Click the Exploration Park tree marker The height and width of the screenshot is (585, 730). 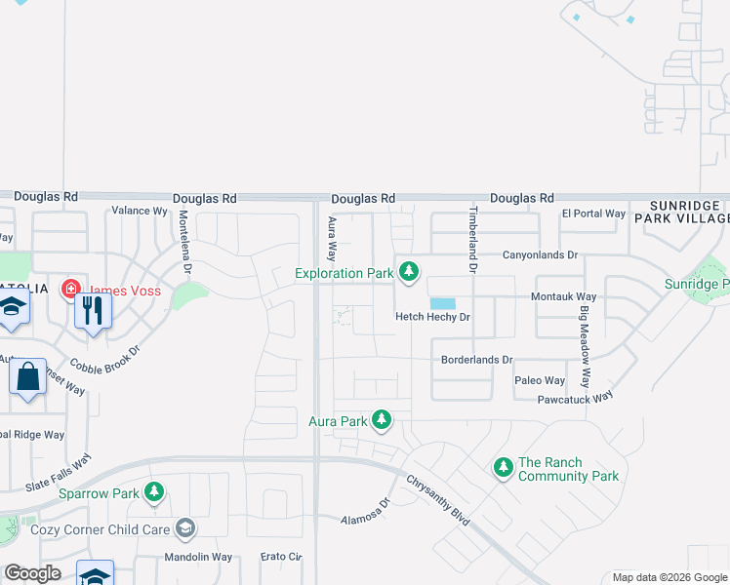click(x=412, y=270)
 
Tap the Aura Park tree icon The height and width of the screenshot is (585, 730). click(x=382, y=420)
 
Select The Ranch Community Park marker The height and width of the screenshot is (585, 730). click(x=504, y=468)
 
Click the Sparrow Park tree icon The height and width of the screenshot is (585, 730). click(x=154, y=492)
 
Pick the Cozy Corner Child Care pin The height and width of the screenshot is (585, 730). click(x=185, y=529)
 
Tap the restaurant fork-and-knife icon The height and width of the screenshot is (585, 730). click(x=93, y=310)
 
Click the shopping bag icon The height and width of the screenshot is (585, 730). click(x=28, y=375)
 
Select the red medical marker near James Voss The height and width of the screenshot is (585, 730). click(x=71, y=289)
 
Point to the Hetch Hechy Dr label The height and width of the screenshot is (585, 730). click(x=432, y=317)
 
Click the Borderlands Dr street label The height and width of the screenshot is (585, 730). click(x=476, y=360)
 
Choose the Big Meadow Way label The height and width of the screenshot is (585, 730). click(x=585, y=347)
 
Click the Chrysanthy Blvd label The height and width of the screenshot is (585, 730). click(x=438, y=500)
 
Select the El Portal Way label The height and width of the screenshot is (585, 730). click(x=592, y=214)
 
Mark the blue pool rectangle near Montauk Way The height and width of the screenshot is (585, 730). click(x=442, y=304)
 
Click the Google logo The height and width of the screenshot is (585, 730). click(x=33, y=573)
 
